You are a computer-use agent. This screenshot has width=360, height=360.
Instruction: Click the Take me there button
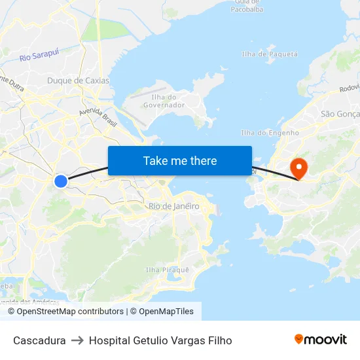pyautogui.click(x=179, y=160)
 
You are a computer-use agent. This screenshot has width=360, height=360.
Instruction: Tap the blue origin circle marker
pyautogui.click(x=60, y=181)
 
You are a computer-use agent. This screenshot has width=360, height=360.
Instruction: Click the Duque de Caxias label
pyautogui.click(x=78, y=81)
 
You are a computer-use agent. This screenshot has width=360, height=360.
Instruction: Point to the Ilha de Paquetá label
pyautogui.click(x=270, y=54)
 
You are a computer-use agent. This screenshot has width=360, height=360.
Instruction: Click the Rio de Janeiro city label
pyautogui.click(x=173, y=206)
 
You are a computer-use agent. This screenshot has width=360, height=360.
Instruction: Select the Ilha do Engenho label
pyautogui.click(x=270, y=132)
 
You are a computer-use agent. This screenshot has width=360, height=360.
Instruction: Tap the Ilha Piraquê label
pyautogui.click(x=167, y=270)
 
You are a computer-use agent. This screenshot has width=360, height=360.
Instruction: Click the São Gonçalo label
pyautogui.click(x=340, y=114)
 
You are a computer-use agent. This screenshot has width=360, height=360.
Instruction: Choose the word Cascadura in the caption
pyautogui.click(x=39, y=340)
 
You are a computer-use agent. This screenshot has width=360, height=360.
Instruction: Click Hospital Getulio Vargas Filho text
pyautogui.click(x=160, y=340)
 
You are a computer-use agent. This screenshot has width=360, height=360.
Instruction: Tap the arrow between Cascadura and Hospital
pyautogui.click(x=77, y=340)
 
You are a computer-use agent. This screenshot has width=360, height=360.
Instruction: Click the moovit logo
pyautogui.click(x=320, y=339)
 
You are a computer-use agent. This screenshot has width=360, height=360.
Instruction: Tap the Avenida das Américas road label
pyautogui.click(x=29, y=302)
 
